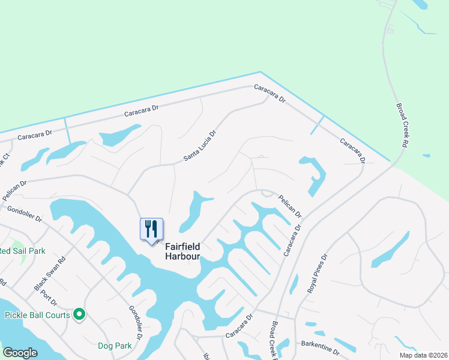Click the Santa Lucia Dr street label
point(199,146)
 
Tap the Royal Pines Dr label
point(317,274)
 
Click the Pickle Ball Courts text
point(35,314)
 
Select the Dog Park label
point(115,346)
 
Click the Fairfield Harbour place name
point(182,251)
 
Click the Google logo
point(20,353)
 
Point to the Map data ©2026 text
point(421,355)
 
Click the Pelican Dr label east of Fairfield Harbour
point(289,206)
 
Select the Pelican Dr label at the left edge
point(14,184)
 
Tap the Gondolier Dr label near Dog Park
point(135,323)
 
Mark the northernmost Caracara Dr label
point(270,93)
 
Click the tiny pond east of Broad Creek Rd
point(426,156)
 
